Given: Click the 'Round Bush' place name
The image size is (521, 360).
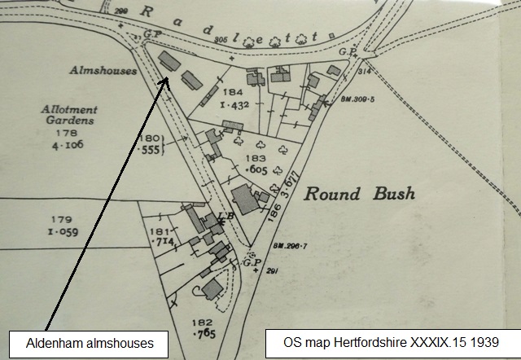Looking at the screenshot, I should tap(359, 195).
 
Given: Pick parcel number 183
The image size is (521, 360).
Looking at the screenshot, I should tap(256, 157).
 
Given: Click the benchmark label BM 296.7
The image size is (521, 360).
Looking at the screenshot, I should tap(284, 244).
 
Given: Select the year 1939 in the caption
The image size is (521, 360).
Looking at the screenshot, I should tap(483, 342).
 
